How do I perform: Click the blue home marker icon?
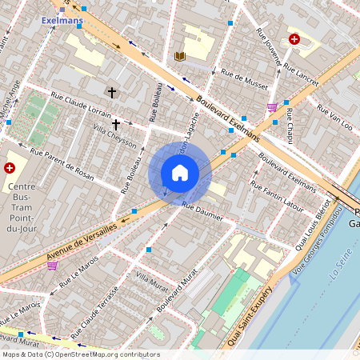tap(180, 173)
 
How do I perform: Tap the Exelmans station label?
tap(62, 21)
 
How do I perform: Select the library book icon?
tap(179, 56)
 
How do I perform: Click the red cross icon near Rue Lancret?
tap(294, 38)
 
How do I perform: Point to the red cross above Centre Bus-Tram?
tap(10, 168)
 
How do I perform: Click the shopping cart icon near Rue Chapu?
tap(272, 107)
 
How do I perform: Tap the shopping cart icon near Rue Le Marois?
tap(53, 266)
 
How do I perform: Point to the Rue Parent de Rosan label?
tap(62, 162)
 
